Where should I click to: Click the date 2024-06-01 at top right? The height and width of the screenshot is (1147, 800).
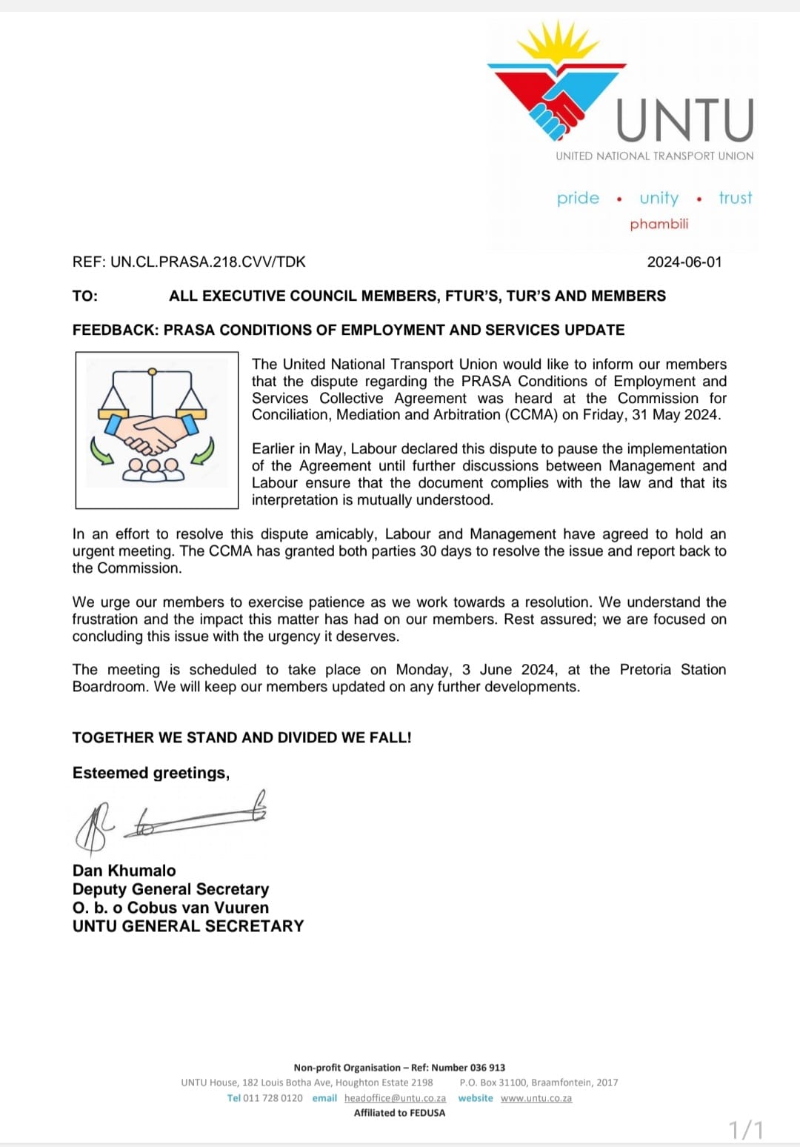[x=684, y=262]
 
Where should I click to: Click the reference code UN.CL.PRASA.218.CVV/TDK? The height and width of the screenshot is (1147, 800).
[x=207, y=262]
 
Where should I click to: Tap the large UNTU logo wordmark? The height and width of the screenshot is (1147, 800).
[x=685, y=120]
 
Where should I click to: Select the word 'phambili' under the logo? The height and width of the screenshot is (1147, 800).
[x=659, y=224]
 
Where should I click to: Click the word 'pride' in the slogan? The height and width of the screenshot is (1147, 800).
[x=578, y=198]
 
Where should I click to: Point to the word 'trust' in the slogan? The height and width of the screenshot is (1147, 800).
[x=735, y=198]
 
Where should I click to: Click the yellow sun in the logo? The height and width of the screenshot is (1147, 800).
[x=557, y=43]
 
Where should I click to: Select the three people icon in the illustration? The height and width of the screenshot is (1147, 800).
[x=153, y=469]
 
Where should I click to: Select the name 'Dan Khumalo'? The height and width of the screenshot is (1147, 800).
[x=124, y=871]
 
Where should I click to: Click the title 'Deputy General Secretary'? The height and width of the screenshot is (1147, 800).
[x=170, y=889]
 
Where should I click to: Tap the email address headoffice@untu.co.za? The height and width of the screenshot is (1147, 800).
[x=395, y=1098]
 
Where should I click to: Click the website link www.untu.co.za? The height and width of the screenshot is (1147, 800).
[x=536, y=1098]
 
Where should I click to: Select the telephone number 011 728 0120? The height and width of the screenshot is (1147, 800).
[x=273, y=1098]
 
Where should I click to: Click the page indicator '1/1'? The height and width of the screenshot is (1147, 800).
[x=746, y=1130]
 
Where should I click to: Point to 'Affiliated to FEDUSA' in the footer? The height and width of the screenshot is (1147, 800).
[x=399, y=1113]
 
